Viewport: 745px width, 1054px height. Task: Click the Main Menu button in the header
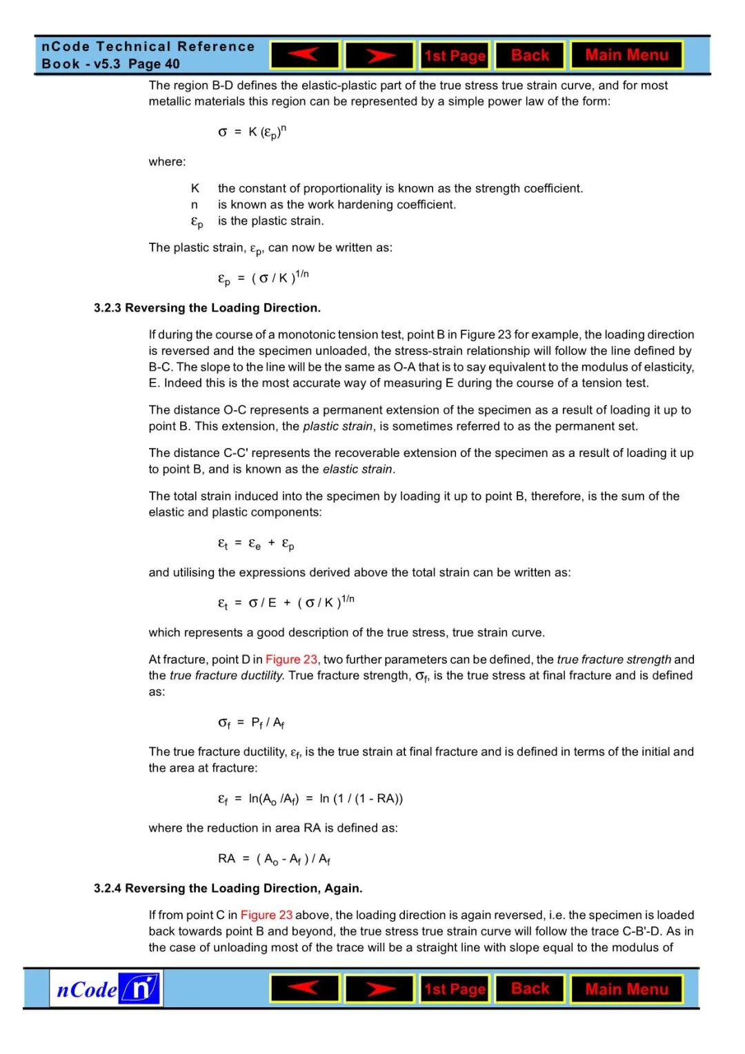click(x=626, y=55)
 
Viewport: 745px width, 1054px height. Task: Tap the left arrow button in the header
click(x=304, y=55)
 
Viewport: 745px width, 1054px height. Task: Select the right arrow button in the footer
click(x=379, y=989)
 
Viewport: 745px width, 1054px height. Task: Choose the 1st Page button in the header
click(x=455, y=56)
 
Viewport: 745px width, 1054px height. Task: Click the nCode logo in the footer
click(x=106, y=989)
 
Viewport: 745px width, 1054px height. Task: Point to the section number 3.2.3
click(x=108, y=308)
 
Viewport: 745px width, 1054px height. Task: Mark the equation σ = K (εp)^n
click(x=252, y=132)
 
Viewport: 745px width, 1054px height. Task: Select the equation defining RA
click(x=274, y=859)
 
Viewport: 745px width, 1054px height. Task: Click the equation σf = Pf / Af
click(x=251, y=722)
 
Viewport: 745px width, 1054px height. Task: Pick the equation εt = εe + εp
click(x=256, y=544)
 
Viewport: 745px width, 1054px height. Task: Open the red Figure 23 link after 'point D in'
click(x=291, y=660)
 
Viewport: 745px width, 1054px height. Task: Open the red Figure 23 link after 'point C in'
click(x=266, y=915)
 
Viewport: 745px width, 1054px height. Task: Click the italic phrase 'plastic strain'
click(x=337, y=427)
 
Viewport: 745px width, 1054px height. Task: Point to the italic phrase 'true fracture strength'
click(x=614, y=660)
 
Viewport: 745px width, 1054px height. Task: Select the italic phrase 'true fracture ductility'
click(x=226, y=676)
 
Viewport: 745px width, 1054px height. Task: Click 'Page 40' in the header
click(x=154, y=64)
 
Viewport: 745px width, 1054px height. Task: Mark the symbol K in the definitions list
click(x=195, y=188)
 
